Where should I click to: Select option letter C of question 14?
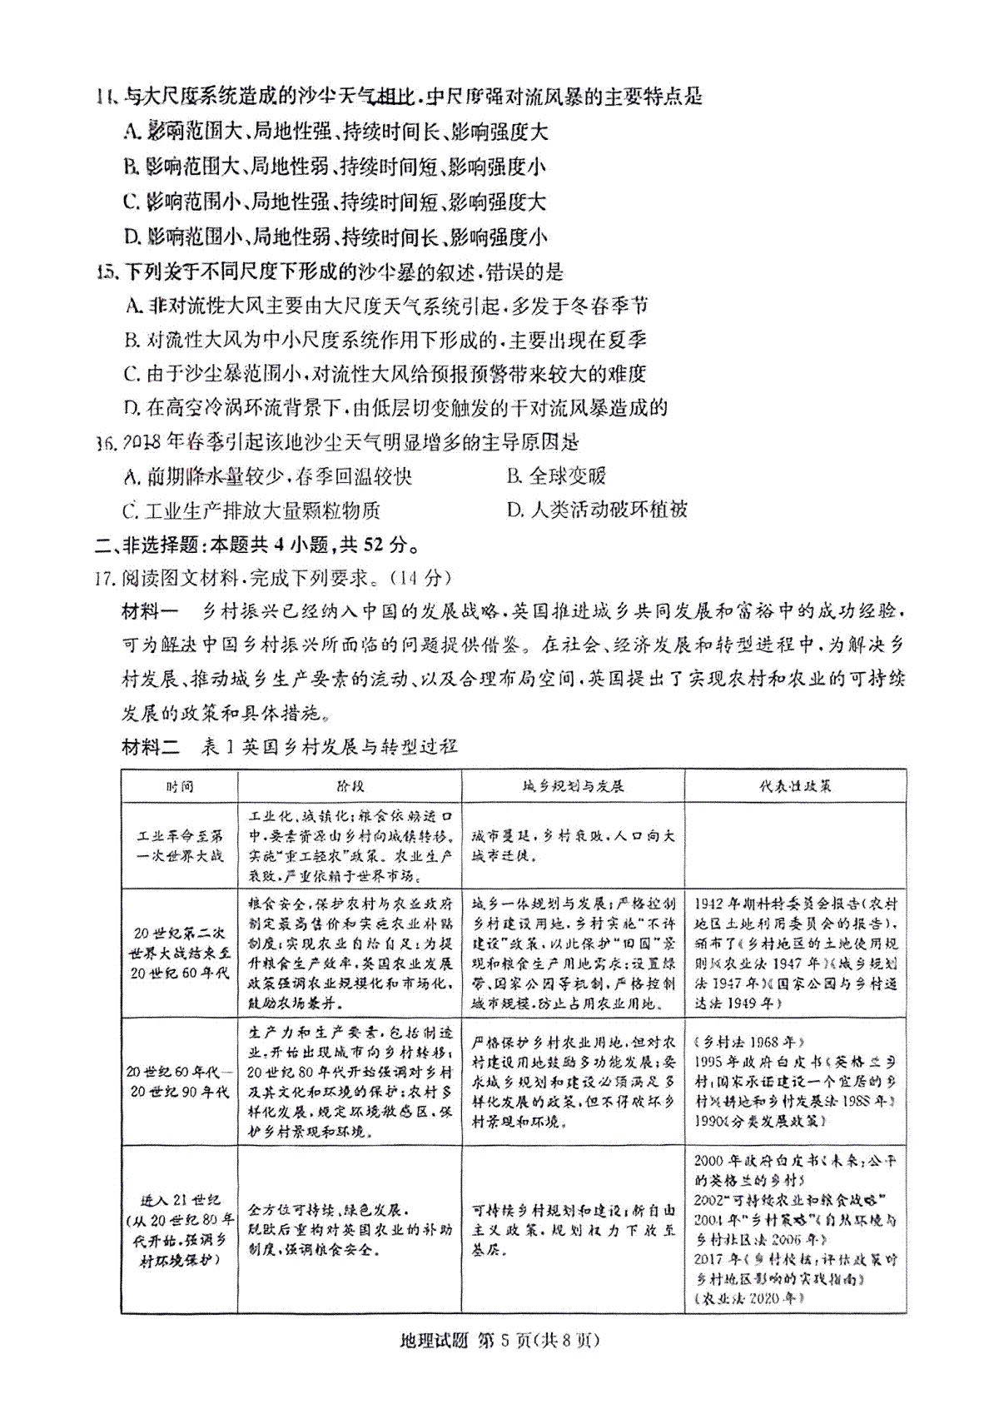[x=131, y=202]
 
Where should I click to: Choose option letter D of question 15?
[x=131, y=408]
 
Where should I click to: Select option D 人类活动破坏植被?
[x=597, y=510]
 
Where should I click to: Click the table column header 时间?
[x=179, y=786]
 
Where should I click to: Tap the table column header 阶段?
[x=350, y=786]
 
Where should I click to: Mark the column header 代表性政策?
[x=795, y=786]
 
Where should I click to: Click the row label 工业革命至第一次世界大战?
[x=179, y=845]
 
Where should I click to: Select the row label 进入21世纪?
[x=179, y=1200]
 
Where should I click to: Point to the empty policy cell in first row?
[x=795, y=845]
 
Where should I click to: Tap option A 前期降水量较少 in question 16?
[x=266, y=475]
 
